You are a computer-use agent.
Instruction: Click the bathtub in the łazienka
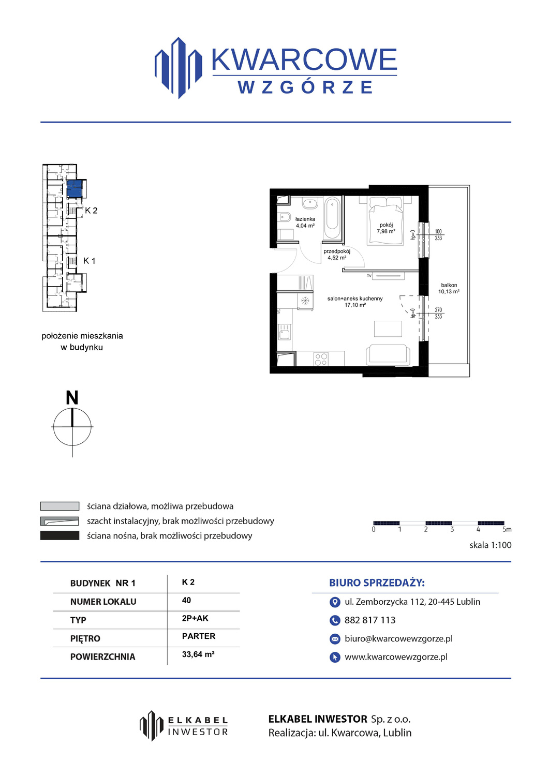click(x=332, y=218)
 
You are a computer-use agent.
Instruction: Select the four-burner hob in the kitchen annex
click(x=321, y=359)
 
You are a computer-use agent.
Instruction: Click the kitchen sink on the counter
click(x=285, y=332)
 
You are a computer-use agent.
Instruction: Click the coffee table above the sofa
click(x=388, y=329)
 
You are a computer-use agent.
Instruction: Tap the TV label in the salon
click(x=369, y=276)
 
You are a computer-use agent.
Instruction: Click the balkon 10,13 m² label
click(x=449, y=288)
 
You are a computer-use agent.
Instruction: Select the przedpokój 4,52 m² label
click(x=337, y=255)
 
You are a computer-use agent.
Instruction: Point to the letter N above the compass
click(x=72, y=397)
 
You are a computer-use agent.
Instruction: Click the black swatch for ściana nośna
click(x=60, y=535)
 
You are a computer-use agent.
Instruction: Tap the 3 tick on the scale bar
click(x=452, y=529)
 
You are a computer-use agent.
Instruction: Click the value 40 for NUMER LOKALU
click(x=186, y=600)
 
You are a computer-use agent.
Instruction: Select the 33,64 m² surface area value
click(x=198, y=654)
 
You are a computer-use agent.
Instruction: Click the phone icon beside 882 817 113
click(x=334, y=620)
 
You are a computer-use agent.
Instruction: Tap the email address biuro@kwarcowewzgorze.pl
click(x=398, y=638)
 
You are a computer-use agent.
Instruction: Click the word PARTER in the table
click(x=199, y=636)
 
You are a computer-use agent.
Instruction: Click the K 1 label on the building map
click(x=89, y=261)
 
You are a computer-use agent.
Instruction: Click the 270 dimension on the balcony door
click(x=438, y=310)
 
